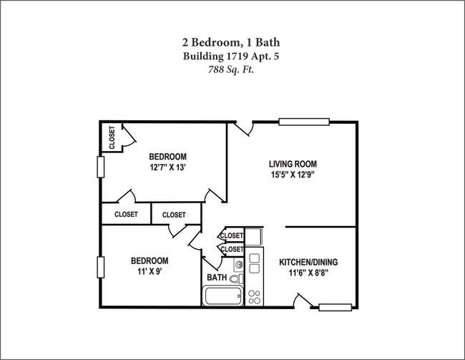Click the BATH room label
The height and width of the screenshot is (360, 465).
click(217, 277)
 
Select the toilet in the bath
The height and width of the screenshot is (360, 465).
click(238, 278)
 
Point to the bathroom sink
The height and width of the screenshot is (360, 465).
click(239, 264)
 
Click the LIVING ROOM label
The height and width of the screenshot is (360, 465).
click(293, 163)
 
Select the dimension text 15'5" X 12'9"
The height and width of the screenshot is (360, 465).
click(293, 175)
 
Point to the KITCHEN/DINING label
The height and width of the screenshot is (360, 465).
click(308, 262)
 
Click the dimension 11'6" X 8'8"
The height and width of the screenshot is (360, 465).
click(308, 273)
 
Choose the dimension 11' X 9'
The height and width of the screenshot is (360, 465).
click(149, 272)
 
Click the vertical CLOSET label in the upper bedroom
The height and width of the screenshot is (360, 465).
click(112, 138)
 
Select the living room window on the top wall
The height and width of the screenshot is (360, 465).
click(303, 122)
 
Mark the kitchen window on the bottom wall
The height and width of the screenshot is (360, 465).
click(336, 308)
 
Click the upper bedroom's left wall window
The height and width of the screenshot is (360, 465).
click(101, 167)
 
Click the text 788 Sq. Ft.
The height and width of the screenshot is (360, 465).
click(231, 69)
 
